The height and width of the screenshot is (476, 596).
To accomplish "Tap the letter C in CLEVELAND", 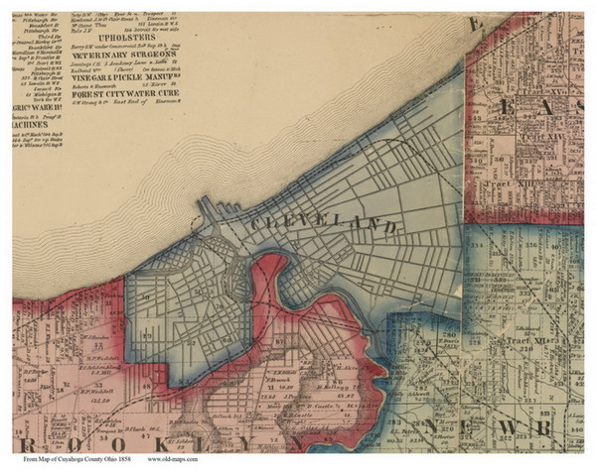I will [x=260, y=216].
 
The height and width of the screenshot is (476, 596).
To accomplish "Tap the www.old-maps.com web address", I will [x=173, y=460].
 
